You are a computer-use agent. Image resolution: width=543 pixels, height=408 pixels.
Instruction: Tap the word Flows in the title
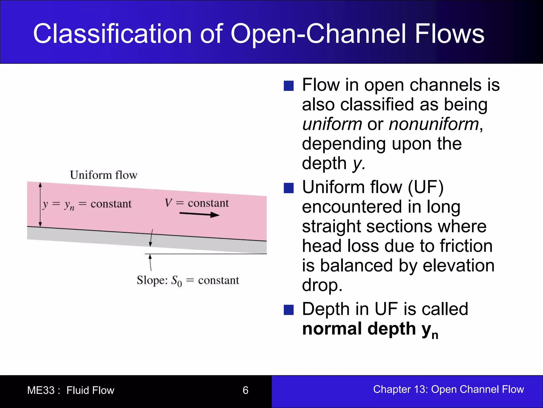coord(449,34)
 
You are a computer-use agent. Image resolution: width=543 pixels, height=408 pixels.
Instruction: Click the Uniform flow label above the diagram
coord(103,175)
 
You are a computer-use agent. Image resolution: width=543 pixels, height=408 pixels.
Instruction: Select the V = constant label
coord(196,203)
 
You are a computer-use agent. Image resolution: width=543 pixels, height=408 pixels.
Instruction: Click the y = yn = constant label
coord(87,204)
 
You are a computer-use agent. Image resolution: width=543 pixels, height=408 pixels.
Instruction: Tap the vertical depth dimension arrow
coord(40,205)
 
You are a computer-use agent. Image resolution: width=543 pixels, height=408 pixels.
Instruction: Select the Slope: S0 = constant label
coord(188,280)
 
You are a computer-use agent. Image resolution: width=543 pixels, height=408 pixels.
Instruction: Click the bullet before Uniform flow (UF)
coord(288,188)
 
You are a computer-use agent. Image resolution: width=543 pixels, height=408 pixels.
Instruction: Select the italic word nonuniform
coord(434,124)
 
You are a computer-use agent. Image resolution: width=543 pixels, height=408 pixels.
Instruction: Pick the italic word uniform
coord(332,124)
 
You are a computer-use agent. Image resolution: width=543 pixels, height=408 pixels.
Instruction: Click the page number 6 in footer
coord(245,390)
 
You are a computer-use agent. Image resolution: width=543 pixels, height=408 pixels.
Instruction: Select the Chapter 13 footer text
coord(448,389)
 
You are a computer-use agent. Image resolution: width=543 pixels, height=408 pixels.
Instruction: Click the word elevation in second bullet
coord(458,266)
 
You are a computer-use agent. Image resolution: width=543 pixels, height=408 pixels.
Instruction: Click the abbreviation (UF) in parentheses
coord(426,187)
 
